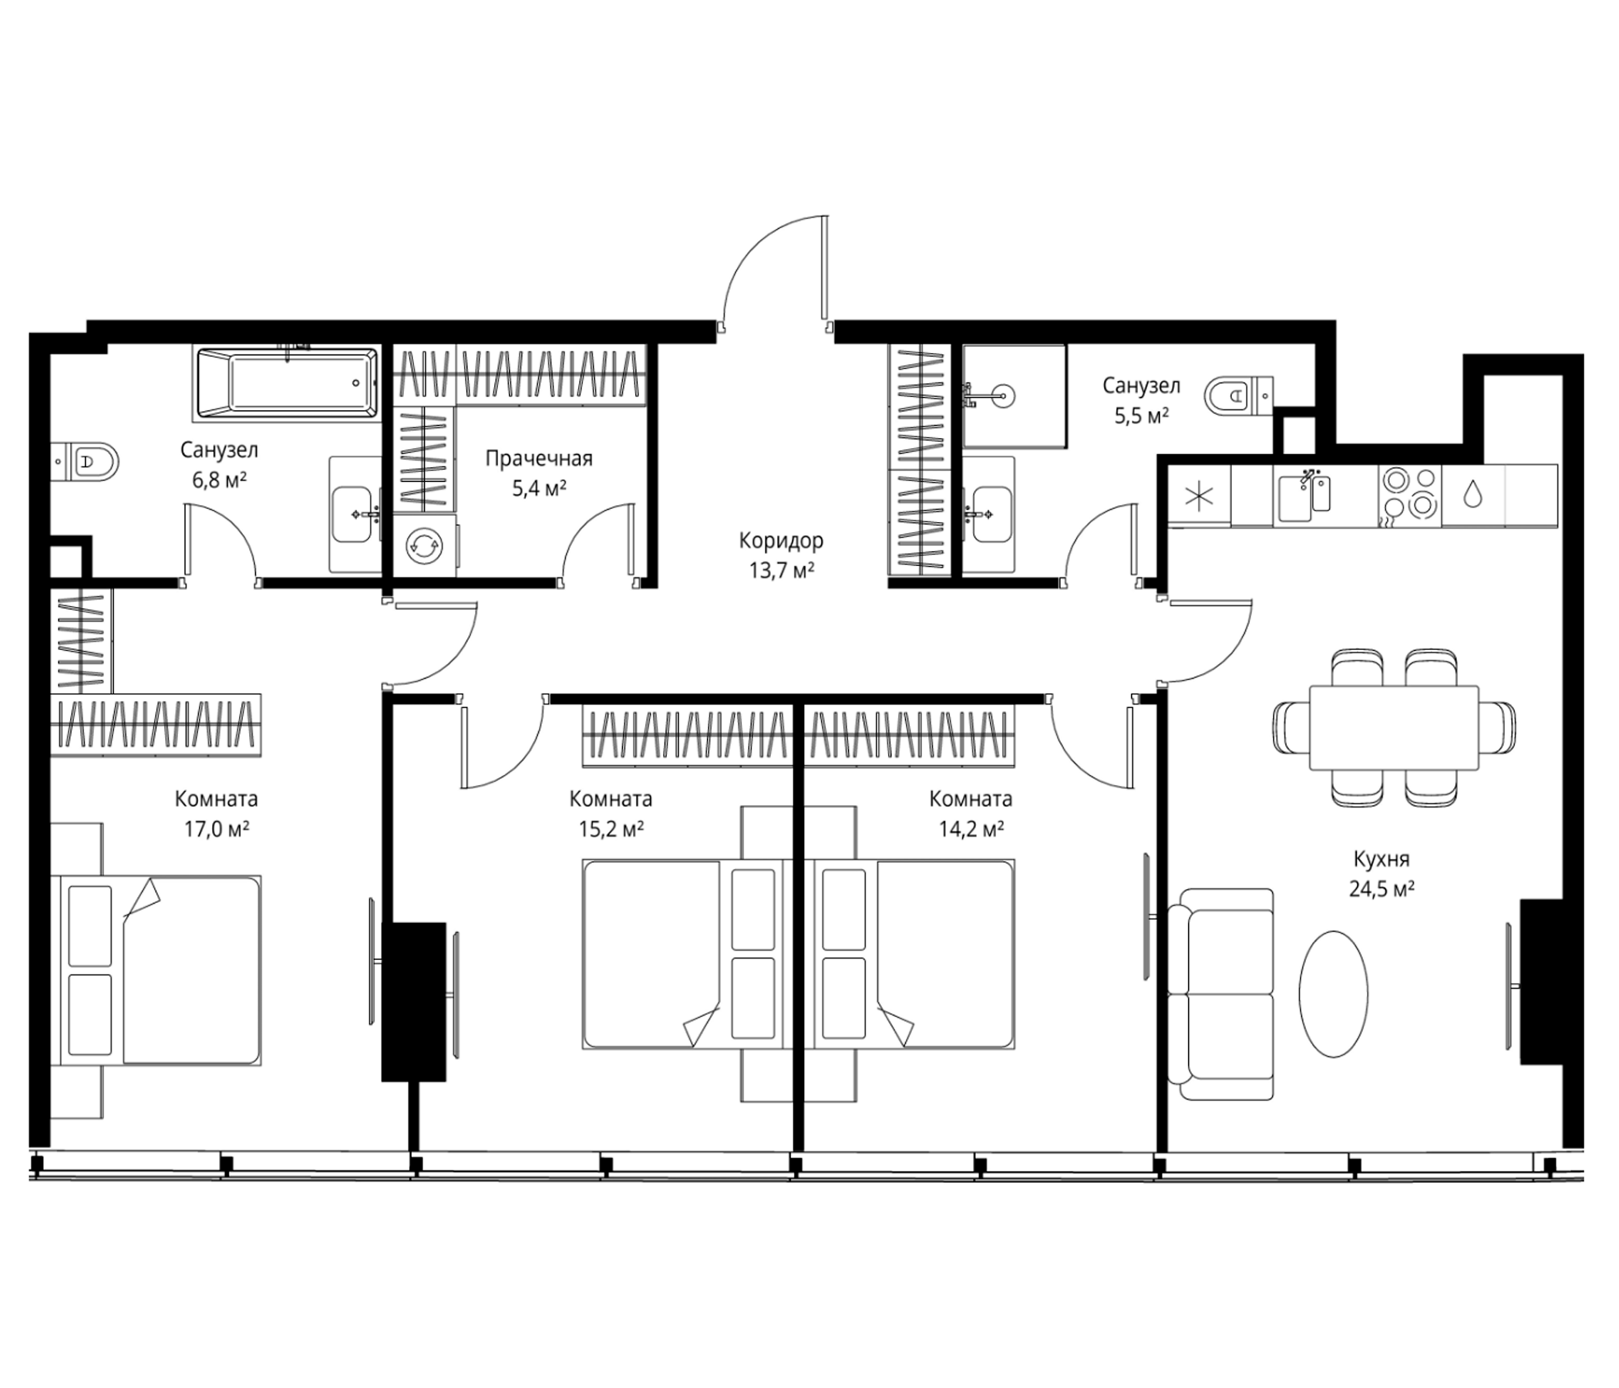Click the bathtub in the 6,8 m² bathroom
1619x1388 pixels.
287,383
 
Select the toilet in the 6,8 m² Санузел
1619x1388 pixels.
85,461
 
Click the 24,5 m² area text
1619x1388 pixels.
1382,889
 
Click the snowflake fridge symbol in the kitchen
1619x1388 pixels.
1200,497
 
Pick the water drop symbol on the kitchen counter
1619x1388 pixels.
1473,494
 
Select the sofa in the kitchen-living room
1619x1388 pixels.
1220,994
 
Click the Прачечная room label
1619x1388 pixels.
539,459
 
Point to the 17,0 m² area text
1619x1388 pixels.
217,829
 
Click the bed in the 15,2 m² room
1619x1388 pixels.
682,953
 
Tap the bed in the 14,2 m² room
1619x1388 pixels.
915,953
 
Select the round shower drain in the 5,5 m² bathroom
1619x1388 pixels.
1002,397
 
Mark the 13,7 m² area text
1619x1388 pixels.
783,571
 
